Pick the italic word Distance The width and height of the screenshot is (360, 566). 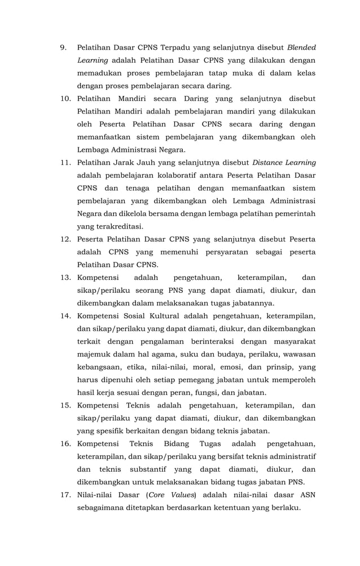269,163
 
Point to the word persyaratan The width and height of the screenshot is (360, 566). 223,252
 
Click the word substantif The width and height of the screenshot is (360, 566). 151,470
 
